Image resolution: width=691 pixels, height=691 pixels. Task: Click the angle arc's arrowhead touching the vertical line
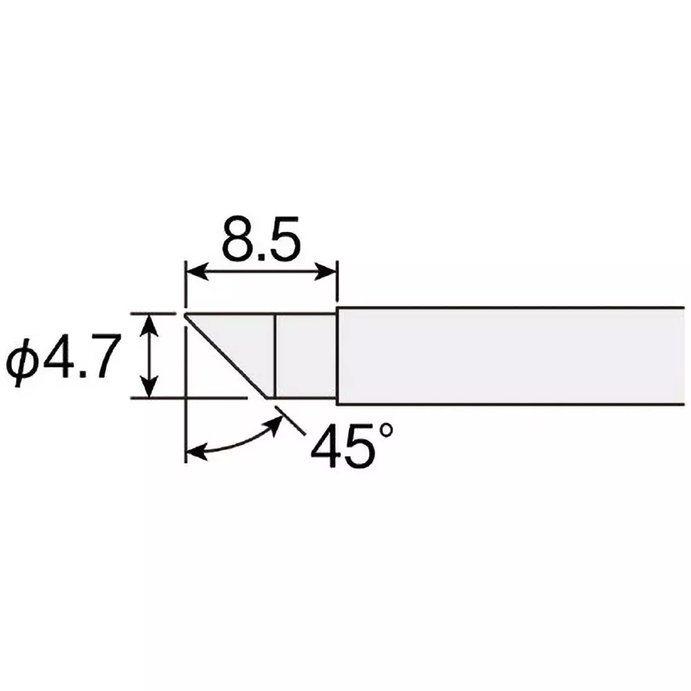(x=195, y=453)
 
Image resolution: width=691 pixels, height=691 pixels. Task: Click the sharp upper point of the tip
(x=185, y=315)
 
